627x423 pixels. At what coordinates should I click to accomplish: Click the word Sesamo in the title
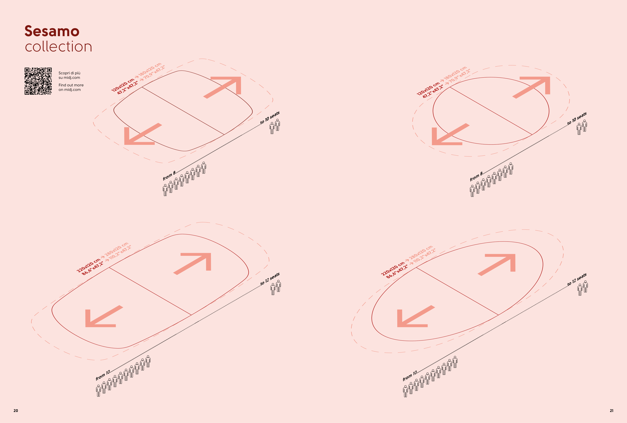point(52,31)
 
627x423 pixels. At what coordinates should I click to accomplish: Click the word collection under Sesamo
point(58,46)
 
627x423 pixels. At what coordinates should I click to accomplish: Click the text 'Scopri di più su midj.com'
point(69,75)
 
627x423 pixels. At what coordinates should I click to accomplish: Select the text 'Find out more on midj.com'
point(71,87)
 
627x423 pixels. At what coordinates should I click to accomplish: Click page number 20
point(16,411)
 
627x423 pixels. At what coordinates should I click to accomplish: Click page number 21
point(611,411)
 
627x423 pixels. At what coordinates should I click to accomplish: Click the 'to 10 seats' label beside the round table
point(577,119)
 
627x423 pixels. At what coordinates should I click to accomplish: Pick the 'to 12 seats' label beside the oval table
point(577,280)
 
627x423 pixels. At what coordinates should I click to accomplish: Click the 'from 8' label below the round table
point(476,176)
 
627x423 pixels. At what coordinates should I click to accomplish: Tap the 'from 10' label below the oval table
point(410,375)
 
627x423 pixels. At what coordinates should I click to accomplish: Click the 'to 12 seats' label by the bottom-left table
point(270,279)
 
